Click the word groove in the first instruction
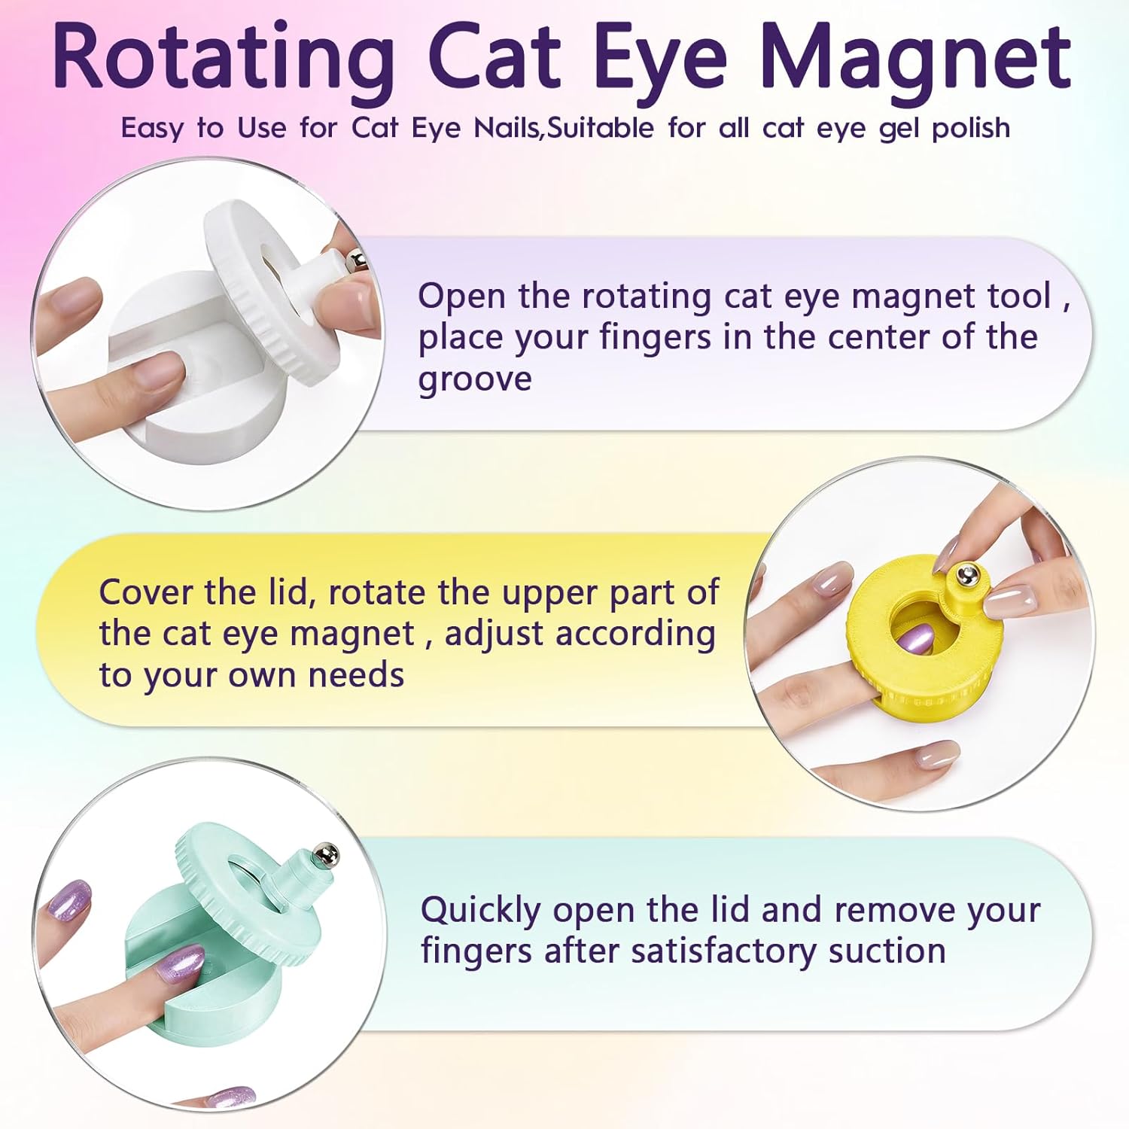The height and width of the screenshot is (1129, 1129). [x=475, y=379]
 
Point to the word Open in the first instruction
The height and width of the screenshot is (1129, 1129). [x=461, y=297]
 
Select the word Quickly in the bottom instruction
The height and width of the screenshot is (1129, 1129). [x=480, y=911]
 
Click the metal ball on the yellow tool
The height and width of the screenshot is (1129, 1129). [x=966, y=577]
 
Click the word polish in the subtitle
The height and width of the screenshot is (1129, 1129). [x=970, y=129]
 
